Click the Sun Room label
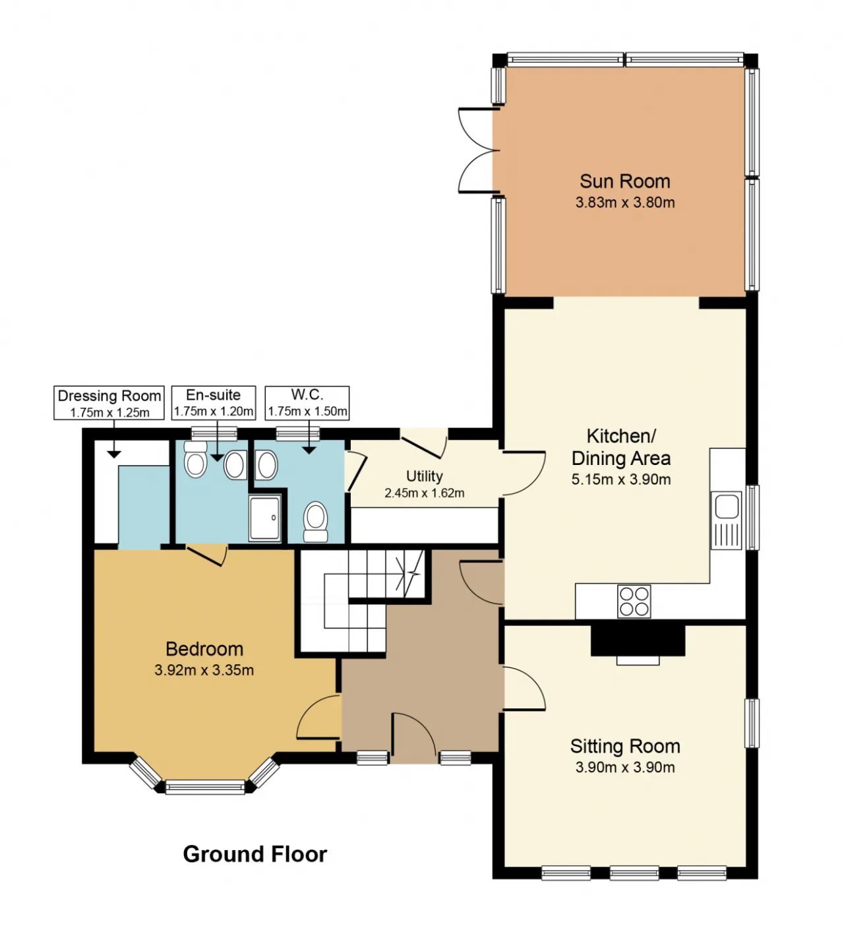(x=624, y=181)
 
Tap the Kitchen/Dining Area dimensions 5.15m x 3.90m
(x=620, y=480)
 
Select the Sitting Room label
(x=625, y=746)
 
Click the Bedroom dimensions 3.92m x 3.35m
(x=204, y=670)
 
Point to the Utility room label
(x=424, y=476)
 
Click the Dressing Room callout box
(x=109, y=402)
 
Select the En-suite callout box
(x=213, y=402)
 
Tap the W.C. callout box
(x=307, y=402)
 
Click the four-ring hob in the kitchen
(x=634, y=602)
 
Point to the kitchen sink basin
(x=726, y=507)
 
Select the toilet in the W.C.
(x=315, y=522)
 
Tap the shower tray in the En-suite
(x=264, y=518)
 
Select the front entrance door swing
(x=413, y=737)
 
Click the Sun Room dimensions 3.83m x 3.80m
(x=625, y=202)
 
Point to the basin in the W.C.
(x=266, y=465)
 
